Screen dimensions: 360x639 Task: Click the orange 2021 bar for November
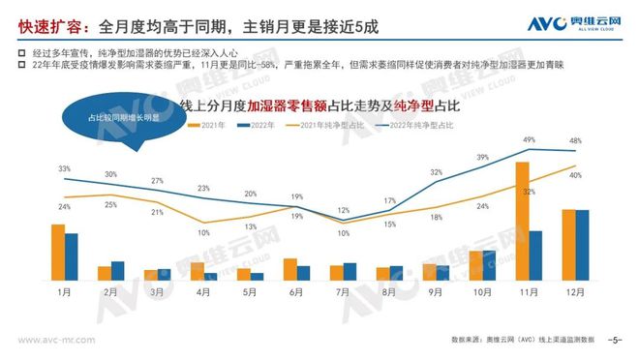[x=522, y=221]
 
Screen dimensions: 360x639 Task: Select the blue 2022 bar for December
[x=582, y=245]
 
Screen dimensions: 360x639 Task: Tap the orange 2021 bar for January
[x=57, y=252]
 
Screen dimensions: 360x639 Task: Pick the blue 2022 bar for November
[x=535, y=255]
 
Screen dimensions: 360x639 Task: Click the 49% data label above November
[x=529, y=140]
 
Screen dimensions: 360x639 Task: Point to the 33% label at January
[x=64, y=169]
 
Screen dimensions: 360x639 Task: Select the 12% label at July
[x=343, y=210]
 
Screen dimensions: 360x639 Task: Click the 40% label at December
[x=575, y=175]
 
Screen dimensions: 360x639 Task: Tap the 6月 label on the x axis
[x=296, y=291]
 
